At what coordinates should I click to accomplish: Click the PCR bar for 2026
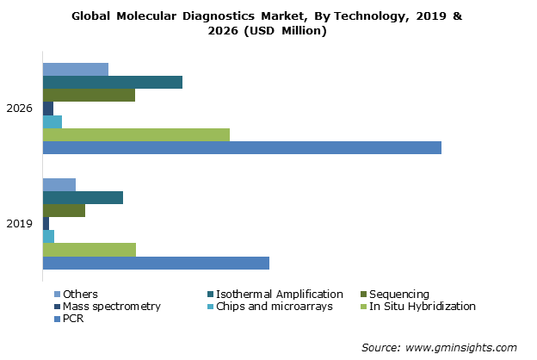[242, 148]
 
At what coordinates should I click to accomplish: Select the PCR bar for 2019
[156, 263]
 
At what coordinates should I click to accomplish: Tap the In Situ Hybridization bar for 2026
[136, 135]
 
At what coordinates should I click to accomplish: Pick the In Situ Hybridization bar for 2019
[89, 250]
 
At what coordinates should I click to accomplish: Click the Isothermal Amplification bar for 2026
[112, 82]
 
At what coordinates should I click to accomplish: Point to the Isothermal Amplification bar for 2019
[83, 197]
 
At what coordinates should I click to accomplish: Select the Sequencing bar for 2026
[89, 95]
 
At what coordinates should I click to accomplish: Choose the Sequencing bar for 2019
[64, 210]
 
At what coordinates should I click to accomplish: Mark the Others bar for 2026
[76, 69]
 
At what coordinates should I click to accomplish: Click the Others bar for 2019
[59, 184]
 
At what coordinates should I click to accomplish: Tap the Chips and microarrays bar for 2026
[52, 121]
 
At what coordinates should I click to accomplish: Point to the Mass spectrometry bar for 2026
[48, 109]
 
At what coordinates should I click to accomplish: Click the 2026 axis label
[20, 109]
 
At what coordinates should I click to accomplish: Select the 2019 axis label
[20, 224]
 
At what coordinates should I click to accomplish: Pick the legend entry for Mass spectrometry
[111, 307]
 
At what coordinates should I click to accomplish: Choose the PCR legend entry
[73, 320]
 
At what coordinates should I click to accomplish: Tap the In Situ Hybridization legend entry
[423, 307]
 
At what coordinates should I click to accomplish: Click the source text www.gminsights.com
[460, 347]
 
